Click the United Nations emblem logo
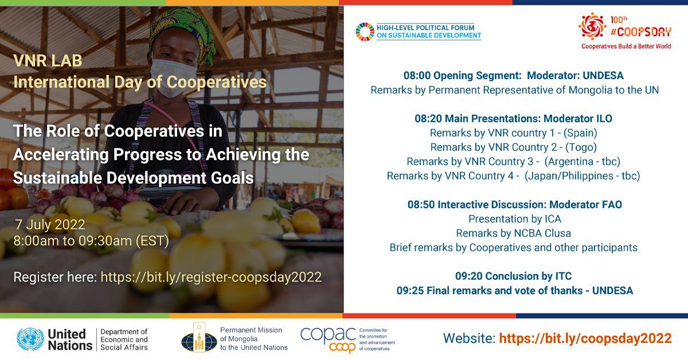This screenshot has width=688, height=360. pyautogui.click(x=30, y=339)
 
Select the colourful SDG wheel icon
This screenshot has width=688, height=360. pyautogui.click(x=365, y=32)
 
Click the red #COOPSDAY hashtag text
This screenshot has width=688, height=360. pyautogui.click(x=641, y=32)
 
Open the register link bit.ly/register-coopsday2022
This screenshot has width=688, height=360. pyautogui.click(x=211, y=277)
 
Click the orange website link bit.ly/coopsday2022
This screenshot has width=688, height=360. pyautogui.click(x=585, y=338)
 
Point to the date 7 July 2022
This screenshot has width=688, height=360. pyautogui.click(x=50, y=225)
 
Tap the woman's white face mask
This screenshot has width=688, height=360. pyautogui.click(x=174, y=77)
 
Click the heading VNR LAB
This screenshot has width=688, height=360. pyautogui.click(x=48, y=61)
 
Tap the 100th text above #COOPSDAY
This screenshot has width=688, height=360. pyautogui.click(x=619, y=19)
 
